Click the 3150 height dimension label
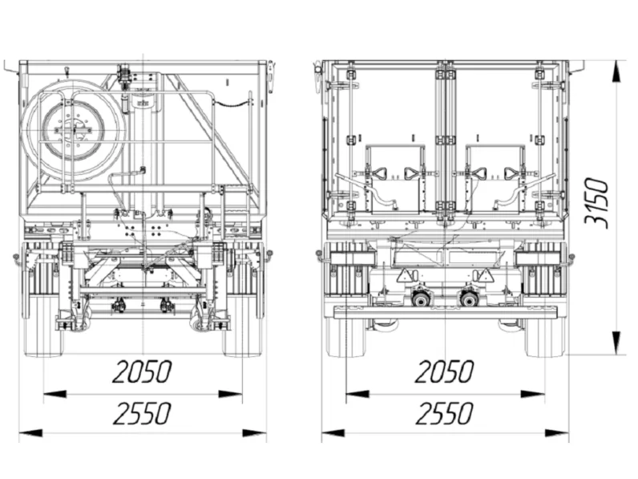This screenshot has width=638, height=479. click(596, 202)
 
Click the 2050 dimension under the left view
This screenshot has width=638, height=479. click(142, 371)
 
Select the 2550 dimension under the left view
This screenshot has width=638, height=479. click(142, 413)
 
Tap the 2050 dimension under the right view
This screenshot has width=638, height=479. click(444, 371)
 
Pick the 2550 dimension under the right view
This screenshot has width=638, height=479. click(444, 413)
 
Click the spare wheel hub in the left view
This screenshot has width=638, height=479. click(74, 130)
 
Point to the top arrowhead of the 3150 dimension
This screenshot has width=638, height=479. click(617, 72)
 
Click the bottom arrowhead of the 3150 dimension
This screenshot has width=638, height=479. click(617, 343)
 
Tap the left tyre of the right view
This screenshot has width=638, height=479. click(347, 336)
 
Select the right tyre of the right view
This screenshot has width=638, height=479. click(546, 336)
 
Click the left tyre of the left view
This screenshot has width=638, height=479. click(44, 326)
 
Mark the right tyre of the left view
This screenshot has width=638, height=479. click(242, 326)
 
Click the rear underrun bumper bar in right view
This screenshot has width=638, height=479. click(446, 312)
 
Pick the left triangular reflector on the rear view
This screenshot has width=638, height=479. click(404, 275)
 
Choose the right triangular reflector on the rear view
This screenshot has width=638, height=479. click(486, 275)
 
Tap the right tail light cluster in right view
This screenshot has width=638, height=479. click(539, 258)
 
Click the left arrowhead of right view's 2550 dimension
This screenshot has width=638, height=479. click(333, 433)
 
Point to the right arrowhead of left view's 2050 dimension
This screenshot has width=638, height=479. click(230, 394)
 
